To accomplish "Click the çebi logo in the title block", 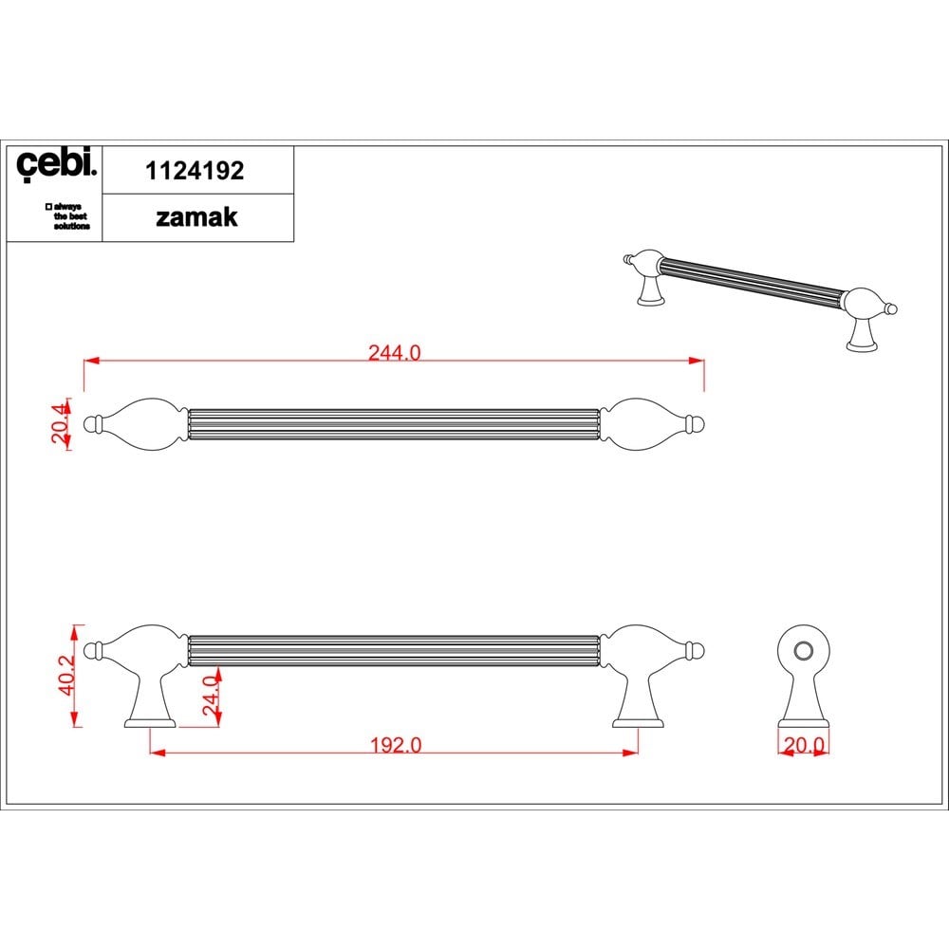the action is tap(56, 163).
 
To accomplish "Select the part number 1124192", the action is tap(195, 171).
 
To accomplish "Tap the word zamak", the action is tap(196, 217).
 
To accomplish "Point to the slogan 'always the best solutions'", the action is tap(67, 216).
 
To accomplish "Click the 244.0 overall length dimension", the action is tap(395, 352).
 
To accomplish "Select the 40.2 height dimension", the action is tap(66, 675).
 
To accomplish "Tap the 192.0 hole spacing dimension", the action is tap(396, 744).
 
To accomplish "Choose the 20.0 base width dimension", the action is tap(804, 745).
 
